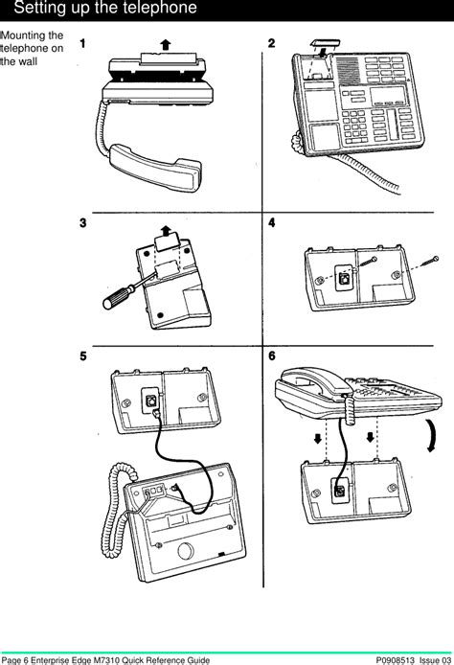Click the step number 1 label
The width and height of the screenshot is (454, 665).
[84, 44]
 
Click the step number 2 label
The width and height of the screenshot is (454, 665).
[272, 44]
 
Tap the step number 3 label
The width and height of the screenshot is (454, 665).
[84, 223]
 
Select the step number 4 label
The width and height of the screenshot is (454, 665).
[272, 223]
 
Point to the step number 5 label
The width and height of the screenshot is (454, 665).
[84, 355]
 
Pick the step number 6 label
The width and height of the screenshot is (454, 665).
[272, 355]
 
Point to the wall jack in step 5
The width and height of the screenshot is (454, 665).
[151, 400]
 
